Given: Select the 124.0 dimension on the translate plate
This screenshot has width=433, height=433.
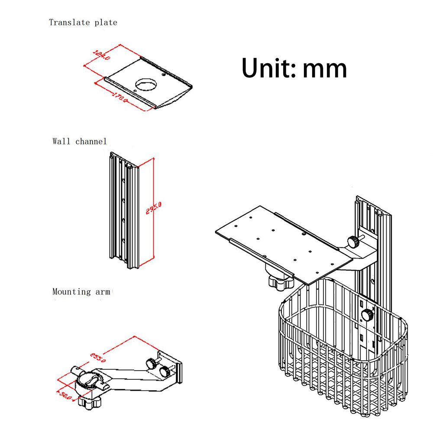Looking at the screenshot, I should [x=102, y=55].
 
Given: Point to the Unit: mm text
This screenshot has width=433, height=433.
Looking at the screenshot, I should [x=294, y=68].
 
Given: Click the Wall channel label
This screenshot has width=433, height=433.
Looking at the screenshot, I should [x=79, y=141].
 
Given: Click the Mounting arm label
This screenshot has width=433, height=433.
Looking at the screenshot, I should [x=81, y=291].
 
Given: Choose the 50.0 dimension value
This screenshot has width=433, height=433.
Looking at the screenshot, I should [x=65, y=395].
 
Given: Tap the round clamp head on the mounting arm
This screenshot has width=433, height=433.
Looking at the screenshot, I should [x=91, y=381].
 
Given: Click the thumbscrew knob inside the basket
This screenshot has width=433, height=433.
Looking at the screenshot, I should [x=368, y=315].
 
